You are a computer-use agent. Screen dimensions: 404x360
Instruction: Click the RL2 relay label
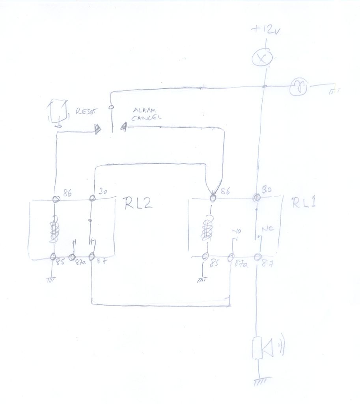(138, 204)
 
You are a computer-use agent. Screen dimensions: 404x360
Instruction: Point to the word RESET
(85, 111)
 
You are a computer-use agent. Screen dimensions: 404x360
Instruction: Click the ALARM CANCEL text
(146, 114)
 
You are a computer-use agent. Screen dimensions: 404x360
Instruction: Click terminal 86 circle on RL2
(56, 199)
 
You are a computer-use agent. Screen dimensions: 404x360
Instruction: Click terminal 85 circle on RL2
(54, 257)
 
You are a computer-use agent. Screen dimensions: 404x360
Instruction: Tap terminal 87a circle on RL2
(73, 257)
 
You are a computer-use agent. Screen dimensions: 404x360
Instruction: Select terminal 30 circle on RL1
(257, 197)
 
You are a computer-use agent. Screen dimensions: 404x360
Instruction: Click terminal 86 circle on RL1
(213, 198)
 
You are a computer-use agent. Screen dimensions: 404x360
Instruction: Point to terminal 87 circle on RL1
(257, 258)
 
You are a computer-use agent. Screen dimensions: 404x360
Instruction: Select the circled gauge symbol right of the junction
(298, 87)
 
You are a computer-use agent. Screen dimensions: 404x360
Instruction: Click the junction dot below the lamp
(264, 86)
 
